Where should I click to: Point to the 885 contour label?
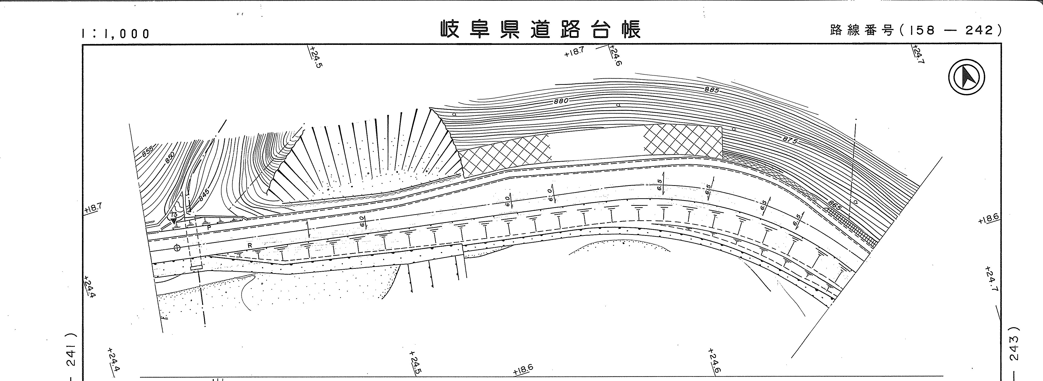click(x=711, y=90)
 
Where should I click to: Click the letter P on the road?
click(x=209, y=228)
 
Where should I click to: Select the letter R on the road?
click(x=250, y=245)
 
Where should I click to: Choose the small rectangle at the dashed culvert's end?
click(x=196, y=267)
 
